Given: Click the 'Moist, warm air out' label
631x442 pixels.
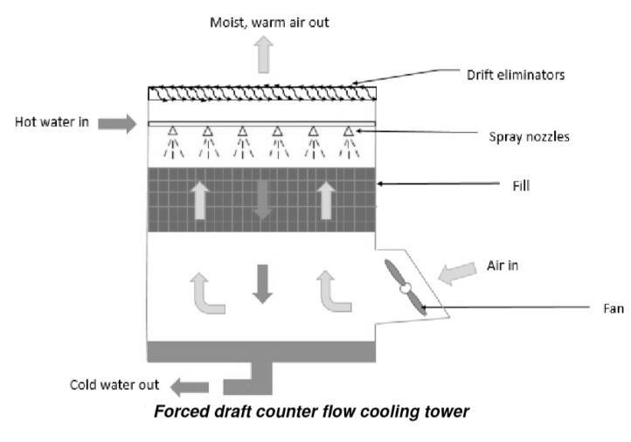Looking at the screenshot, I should [x=269, y=22].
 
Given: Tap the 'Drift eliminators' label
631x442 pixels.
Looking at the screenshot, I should [x=515, y=74].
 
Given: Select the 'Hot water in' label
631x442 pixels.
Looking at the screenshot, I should [x=52, y=121].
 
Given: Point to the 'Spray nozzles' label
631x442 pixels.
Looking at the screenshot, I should [x=529, y=137].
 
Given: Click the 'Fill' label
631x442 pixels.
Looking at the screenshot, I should [x=521, y=185].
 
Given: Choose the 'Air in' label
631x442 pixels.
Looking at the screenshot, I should [x=503, y=266].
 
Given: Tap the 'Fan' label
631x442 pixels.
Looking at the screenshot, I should [x=612, y=307].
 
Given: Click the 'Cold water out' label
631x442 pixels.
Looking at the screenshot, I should [x=114, y=385].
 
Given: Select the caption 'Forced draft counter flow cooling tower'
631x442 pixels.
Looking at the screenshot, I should [x=311, y=411].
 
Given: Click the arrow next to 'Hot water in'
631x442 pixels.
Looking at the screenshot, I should [x=117, y=123].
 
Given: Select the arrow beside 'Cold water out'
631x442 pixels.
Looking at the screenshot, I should [x=190, y=386].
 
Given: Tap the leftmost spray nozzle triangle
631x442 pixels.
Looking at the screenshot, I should [x=173, y=132].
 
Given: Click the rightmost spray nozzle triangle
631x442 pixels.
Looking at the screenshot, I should [x=348, y=132].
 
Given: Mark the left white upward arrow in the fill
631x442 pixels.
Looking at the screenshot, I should [x=200, y=199].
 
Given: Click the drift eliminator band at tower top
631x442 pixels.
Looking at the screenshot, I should [x=262, y=92].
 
